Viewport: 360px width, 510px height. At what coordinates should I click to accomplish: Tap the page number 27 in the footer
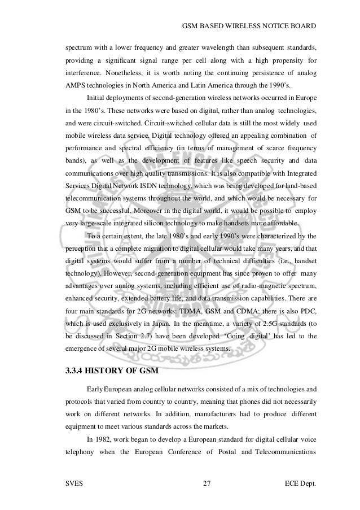[x=206, y=484]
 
